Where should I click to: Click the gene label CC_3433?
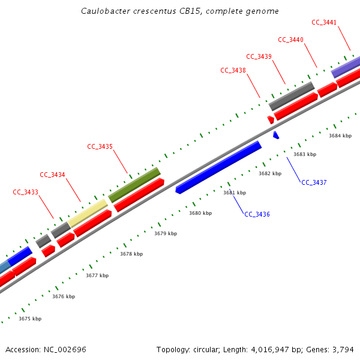(x=25, y=193)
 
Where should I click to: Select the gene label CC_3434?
(x=52, y=175)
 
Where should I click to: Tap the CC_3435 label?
(x=100, y=146)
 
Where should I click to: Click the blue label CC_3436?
(x=257, y=214)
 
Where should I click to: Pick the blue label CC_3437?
(x=314, y=182)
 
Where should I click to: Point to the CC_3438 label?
(x=233, y=70)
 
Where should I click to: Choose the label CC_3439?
(x=259, y=56)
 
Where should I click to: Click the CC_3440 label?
(x=290, y=40)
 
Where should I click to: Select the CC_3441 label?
(x=324, y=22)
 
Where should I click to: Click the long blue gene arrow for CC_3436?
(x=218, y=167)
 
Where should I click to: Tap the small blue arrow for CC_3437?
(x=276, y=136)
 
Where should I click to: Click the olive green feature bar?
(x=134, y=185)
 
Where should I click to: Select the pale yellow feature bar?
(x=88, y=214)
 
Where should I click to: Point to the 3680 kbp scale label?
(x=200, y=213)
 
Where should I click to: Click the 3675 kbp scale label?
(x=30, y=319)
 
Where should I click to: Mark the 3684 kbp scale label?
(x=340, y=136)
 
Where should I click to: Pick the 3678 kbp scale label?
(x=131, y=254)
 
